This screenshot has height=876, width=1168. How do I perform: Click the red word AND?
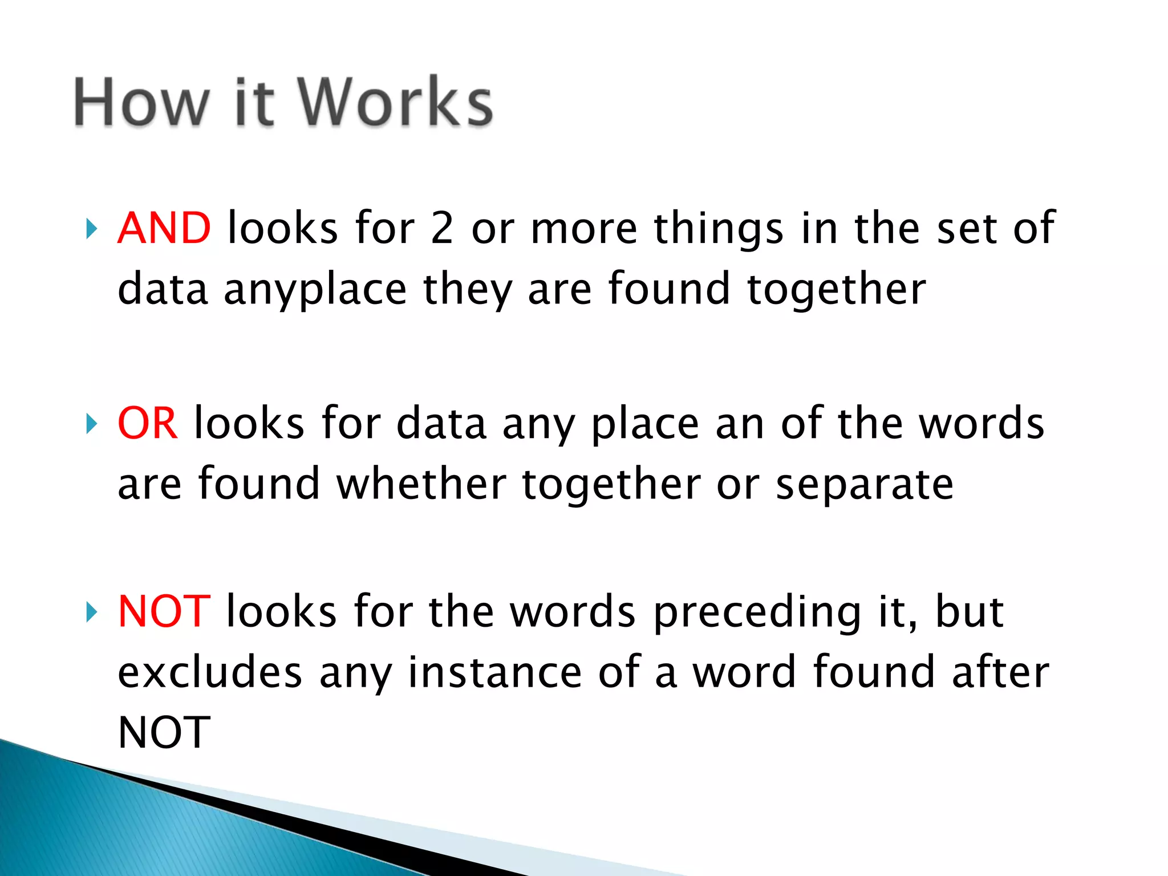(x=164, y=228)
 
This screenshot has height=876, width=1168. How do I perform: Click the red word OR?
(x=147, y=423)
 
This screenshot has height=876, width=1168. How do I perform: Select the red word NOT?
(x=164, y=611)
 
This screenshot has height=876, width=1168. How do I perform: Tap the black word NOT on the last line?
(x=164, y=732)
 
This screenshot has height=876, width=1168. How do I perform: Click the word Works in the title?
(x=395, y=103)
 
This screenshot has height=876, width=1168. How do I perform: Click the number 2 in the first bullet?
(x=442, y=228)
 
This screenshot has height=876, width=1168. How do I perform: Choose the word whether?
(x=421, y=484)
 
